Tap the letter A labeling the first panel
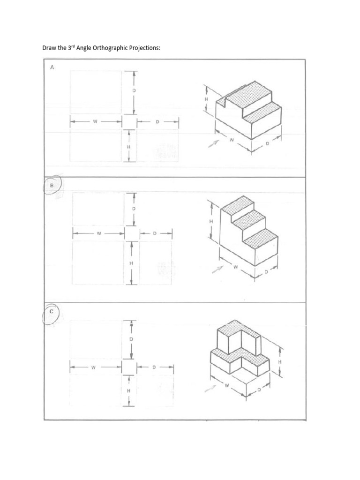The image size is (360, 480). [x=52, y=67]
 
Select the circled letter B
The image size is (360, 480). [x=52, y=185]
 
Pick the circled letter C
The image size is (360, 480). [x=52, y=311]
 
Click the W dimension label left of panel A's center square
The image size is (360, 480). [x=95, y=122]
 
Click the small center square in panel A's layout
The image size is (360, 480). [x=128, y=122]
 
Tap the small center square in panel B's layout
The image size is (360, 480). [x=132, y=233]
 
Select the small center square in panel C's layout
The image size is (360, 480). [x=128, y=367]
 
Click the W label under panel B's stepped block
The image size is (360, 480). [x=236, y=268]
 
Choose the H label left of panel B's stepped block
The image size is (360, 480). [x=211, y=221]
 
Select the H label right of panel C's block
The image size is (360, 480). [x=280, y=361]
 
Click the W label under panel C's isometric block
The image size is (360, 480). [x=227, y=386]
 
